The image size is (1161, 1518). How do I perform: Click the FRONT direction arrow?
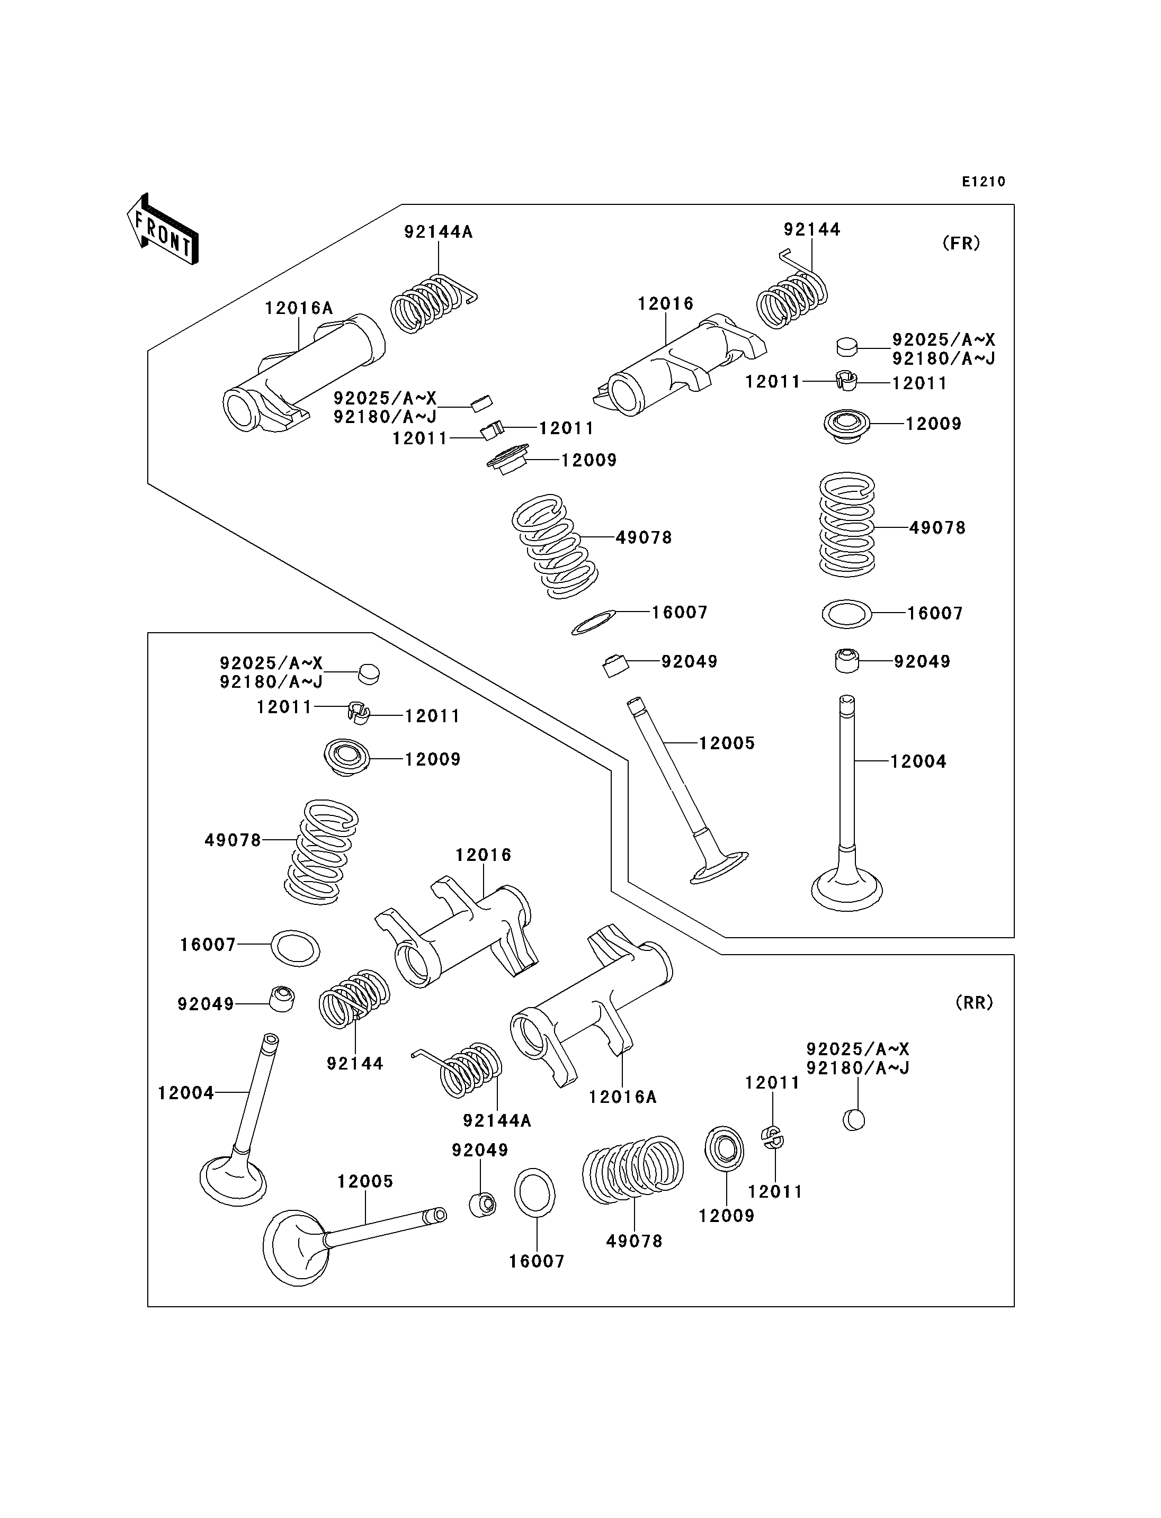tap(163, 229)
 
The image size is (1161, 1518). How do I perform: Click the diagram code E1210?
tap(984, 182)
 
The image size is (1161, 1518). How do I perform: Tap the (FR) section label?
tap(961, 243)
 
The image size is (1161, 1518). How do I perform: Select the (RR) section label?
tap(975, 1002)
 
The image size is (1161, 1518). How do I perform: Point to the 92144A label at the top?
tap(438, 232)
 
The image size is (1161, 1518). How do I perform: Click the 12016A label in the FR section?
tap(299, 308)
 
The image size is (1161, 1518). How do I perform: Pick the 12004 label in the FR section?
tap(918, 761)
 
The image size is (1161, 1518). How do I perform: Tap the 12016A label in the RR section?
tap(623, 1097)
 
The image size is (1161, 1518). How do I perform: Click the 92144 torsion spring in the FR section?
tap(793, 292)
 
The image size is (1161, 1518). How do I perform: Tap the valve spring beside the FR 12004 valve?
tap(846, 524)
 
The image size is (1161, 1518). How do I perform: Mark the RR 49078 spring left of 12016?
tap(321, 852)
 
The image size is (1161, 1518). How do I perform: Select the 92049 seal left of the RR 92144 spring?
tap(281, 999)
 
